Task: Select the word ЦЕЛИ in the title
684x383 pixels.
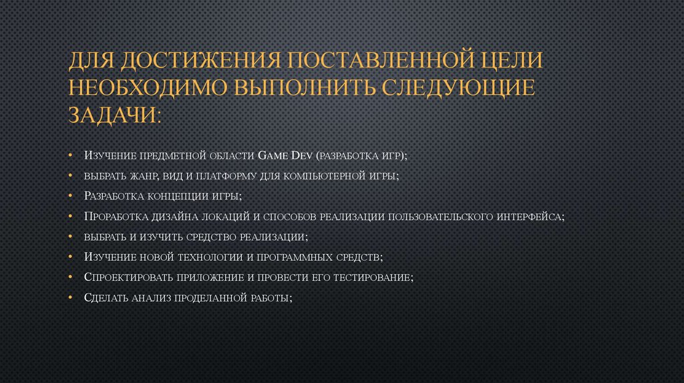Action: tap(510, 61)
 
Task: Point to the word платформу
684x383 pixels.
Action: tap(224, 176)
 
